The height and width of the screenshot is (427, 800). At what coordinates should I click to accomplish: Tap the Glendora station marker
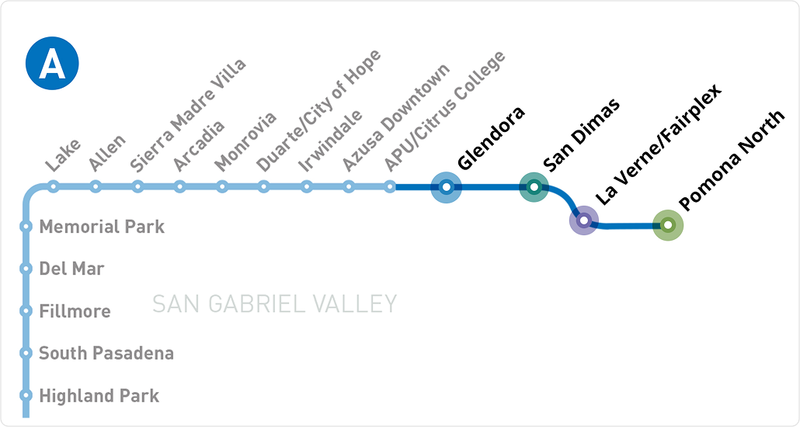pyautogui.click(x=446, y=187)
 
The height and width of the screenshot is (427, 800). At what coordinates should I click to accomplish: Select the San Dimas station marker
pyautogui.click(x=534, y=187)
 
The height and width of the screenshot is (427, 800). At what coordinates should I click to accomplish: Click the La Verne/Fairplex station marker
pyautogui.click(x=584, y=220)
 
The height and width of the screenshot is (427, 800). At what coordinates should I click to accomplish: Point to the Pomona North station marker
pyautogui.click(x=667, y=225)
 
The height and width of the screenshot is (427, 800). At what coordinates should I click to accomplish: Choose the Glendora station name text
pyautogui.click(x=491, y=137)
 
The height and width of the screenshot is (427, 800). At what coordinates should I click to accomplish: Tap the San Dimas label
pyautogui.click(x=581, y=134)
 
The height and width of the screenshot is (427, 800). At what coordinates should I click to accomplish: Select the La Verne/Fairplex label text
pyautogui.click(x=658, y=144)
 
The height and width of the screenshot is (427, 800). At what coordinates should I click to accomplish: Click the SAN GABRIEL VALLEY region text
pyautogui.click(x=274, y=304)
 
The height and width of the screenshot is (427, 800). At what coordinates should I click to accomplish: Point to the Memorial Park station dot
pyautogui.click(x=26, y=227)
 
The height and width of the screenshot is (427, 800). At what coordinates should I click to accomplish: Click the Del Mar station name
pyautogui.click(x=71, y=269)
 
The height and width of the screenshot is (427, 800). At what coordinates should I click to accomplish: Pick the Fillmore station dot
pyautogui.click(x=26, y=311)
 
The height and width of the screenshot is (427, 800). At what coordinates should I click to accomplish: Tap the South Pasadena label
pyautogui.click(x=106, y=353)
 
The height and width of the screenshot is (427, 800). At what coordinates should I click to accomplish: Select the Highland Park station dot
pyautogui.click(x=26, y=396)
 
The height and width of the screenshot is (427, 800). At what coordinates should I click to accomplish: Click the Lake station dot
pyautogui.click(x=54, y=186)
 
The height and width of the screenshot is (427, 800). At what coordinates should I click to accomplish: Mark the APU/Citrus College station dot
pyautogui.click(x=391, y=186)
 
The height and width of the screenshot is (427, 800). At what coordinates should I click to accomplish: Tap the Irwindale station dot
pyautogui.click(x=307, y=186)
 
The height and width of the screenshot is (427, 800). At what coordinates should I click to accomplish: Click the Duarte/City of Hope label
pyautogui.click(x=318, y=111)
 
